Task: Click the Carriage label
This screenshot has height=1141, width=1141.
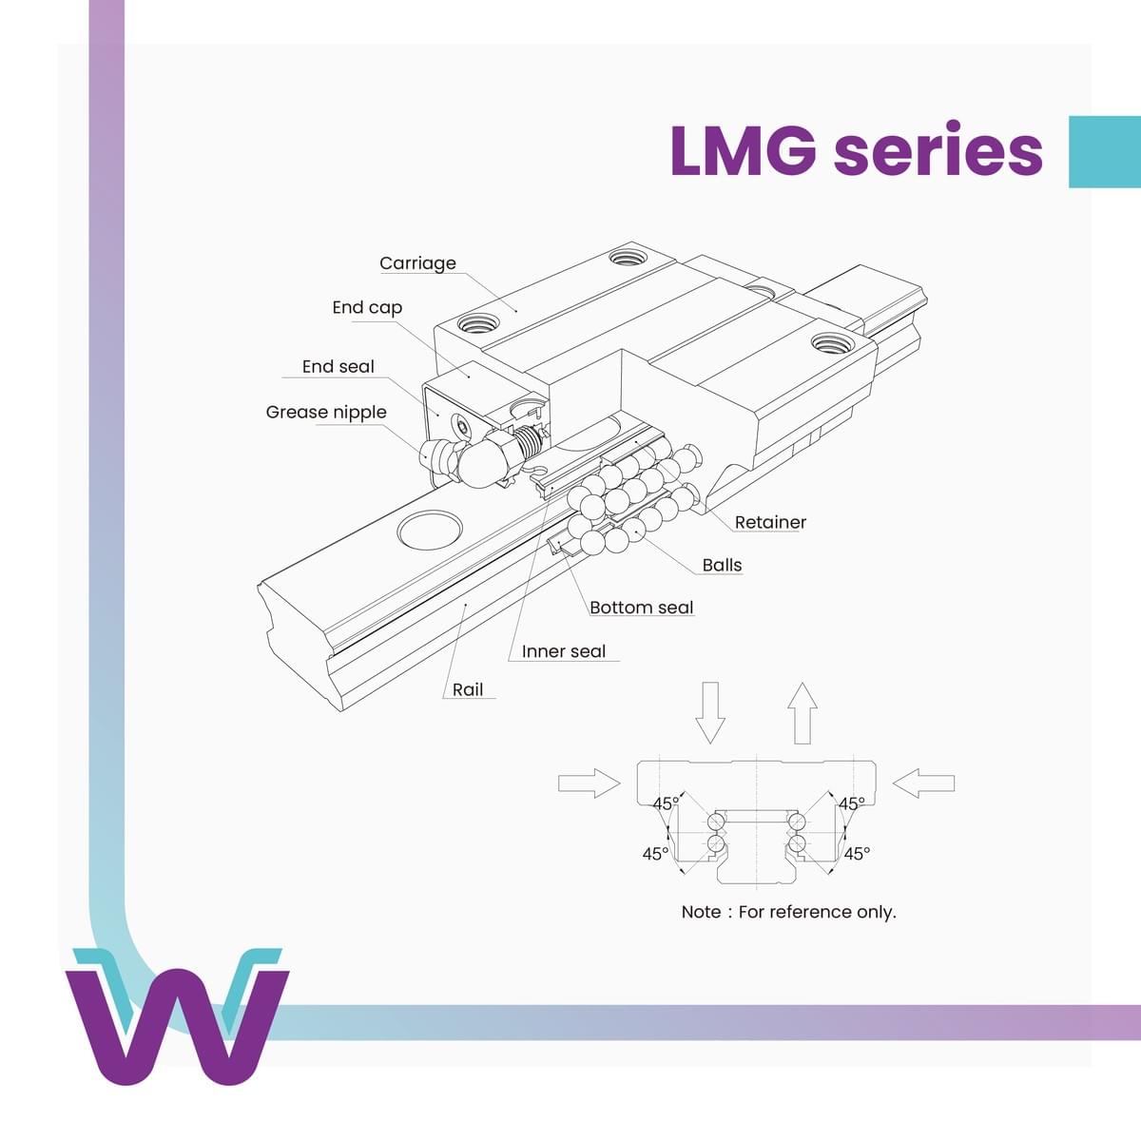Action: pos(417,263)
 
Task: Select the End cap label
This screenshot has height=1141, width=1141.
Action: pos(367,307)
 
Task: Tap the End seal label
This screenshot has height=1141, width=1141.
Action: pos(338,366)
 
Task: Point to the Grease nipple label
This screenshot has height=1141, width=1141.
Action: pos(326,412)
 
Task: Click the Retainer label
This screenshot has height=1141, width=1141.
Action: pos(770,522)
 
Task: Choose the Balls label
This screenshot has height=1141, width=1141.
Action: pos(722,565)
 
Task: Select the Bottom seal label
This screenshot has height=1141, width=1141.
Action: pos(641,608)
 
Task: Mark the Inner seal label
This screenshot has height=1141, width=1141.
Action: pos(563,651)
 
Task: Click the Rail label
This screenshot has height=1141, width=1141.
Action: pos(468,689)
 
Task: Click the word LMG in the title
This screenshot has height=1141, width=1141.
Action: pos(743,150)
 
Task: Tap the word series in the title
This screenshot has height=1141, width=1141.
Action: pos(938,150)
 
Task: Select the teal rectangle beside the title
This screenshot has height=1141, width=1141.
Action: pos(1104,152)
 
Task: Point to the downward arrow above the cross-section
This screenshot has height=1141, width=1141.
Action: pos(710,712)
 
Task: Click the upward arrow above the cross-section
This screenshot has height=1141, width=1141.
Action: pos(803,712)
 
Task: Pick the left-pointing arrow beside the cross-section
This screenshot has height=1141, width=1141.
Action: pos(924,783)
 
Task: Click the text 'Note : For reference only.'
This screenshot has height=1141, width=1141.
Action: pos(788,912)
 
